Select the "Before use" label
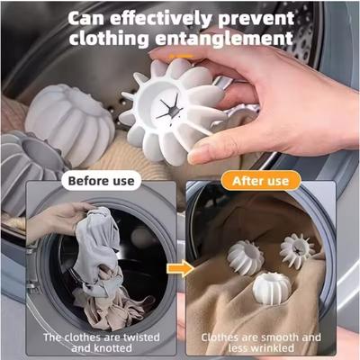102,181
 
